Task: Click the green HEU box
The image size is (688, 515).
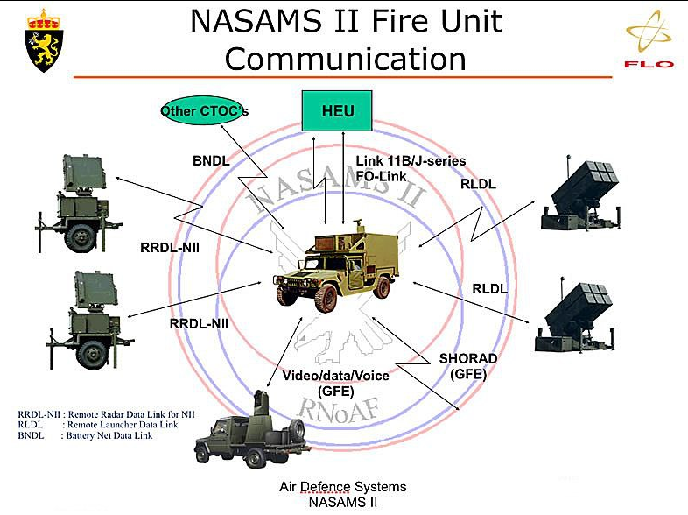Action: (x=337, y=110)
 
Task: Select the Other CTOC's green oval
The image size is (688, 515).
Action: (x=204, y=111)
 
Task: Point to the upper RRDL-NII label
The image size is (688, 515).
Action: (x=170, y=247)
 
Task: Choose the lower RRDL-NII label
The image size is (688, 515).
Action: (x=199, y=323)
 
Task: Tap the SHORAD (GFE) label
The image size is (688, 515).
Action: (x=467, y=365)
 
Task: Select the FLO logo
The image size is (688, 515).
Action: (x=649, y=44)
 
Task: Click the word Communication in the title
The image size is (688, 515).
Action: (x=345, y=59)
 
